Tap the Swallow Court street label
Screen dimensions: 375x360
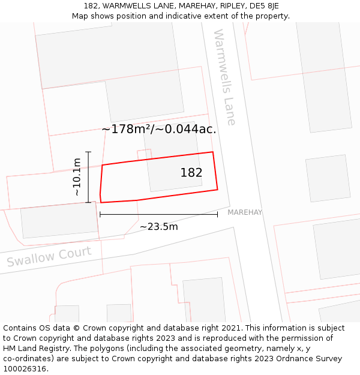49,257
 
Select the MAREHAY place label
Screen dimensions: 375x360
245,212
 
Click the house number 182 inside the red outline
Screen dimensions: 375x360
191,173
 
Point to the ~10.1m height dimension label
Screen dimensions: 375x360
77,177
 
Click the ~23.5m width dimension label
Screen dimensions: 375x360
159,227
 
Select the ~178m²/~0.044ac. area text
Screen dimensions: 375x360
159,129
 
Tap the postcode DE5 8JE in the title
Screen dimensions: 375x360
264,6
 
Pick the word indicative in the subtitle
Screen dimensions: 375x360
180,16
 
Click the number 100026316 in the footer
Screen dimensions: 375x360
24,368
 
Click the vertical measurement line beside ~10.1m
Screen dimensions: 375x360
88,177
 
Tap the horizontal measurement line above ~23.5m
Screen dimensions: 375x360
159,214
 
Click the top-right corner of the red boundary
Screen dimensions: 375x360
213,152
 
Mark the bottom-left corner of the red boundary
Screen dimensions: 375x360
101,202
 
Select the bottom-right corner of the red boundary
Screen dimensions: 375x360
217,190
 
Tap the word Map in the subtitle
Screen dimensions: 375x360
80,16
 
